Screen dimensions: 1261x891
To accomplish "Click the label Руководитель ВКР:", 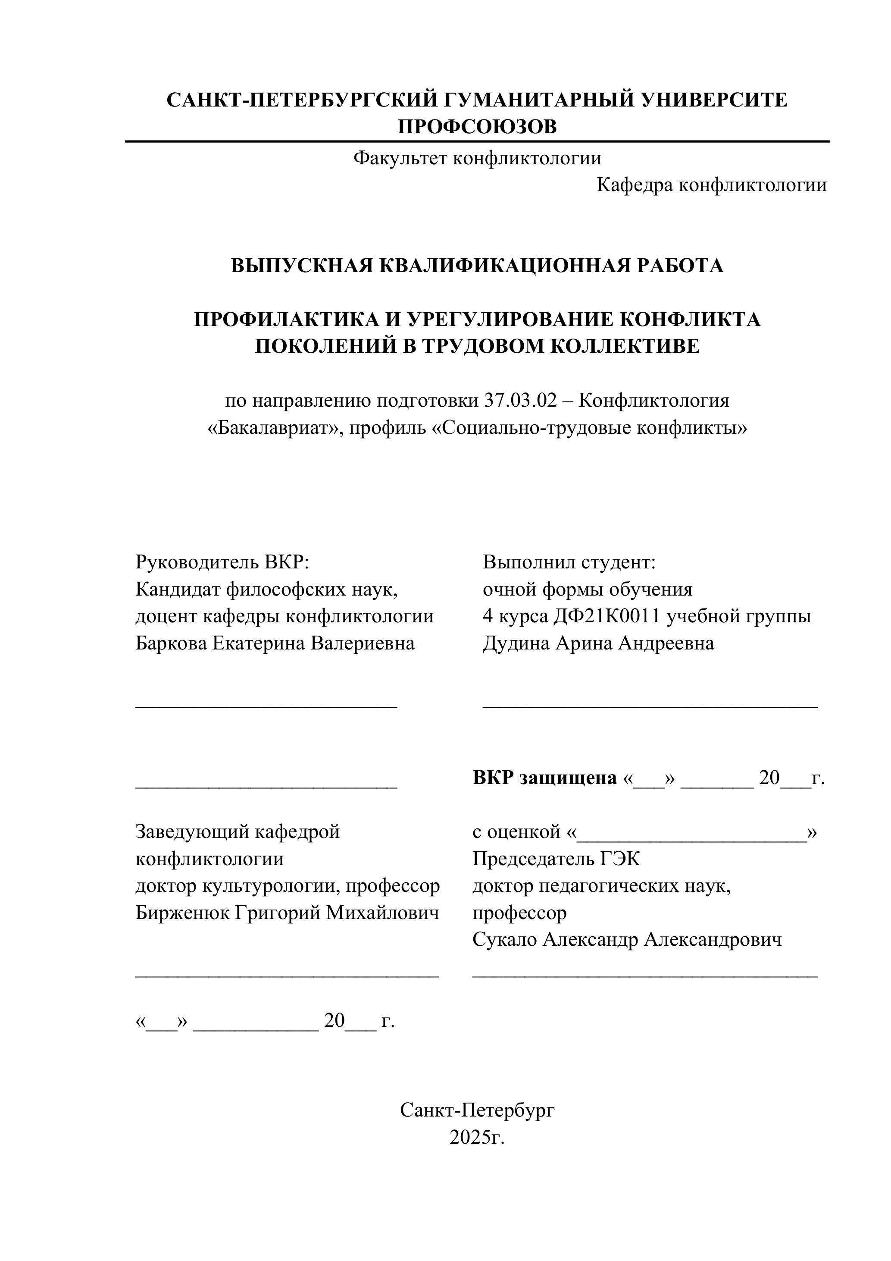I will tap(222, 562).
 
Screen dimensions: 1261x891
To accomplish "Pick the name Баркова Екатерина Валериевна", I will tap(275, 643).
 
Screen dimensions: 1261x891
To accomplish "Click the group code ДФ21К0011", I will tap(606, 616).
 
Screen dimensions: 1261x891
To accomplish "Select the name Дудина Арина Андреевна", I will tap(598, 643).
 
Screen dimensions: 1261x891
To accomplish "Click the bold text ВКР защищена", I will tap(544, 778).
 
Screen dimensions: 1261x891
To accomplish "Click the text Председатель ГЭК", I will tap(556, 859).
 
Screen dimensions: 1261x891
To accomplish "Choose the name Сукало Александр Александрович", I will tap(626, 939).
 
